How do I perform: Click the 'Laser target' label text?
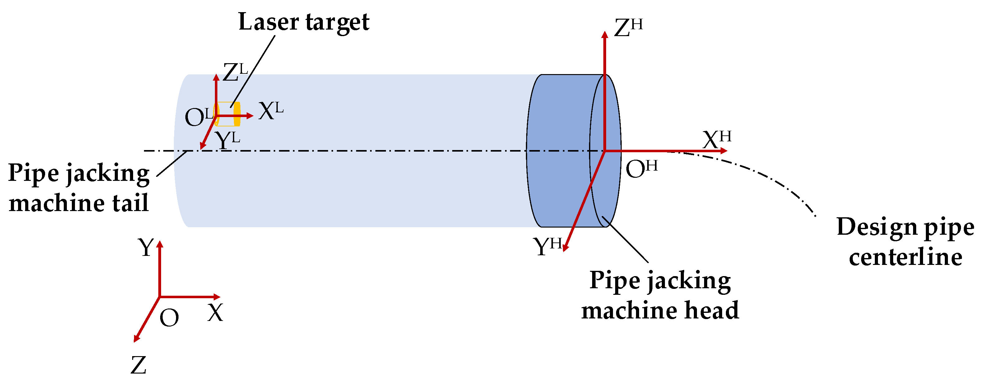pos(304,22)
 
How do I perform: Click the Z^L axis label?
pos(234,73)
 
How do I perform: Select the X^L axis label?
pos(271,111)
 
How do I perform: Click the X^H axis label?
pos(716,139)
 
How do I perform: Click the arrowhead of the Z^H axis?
pos(604,34)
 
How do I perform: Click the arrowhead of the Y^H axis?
pos(565,248)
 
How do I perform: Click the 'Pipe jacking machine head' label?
pos(660,295)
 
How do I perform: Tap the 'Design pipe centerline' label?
pos(905,242)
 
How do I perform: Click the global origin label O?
pos(169,318)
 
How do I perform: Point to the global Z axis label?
pos(138,365)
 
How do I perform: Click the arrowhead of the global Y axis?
pos(160,244)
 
